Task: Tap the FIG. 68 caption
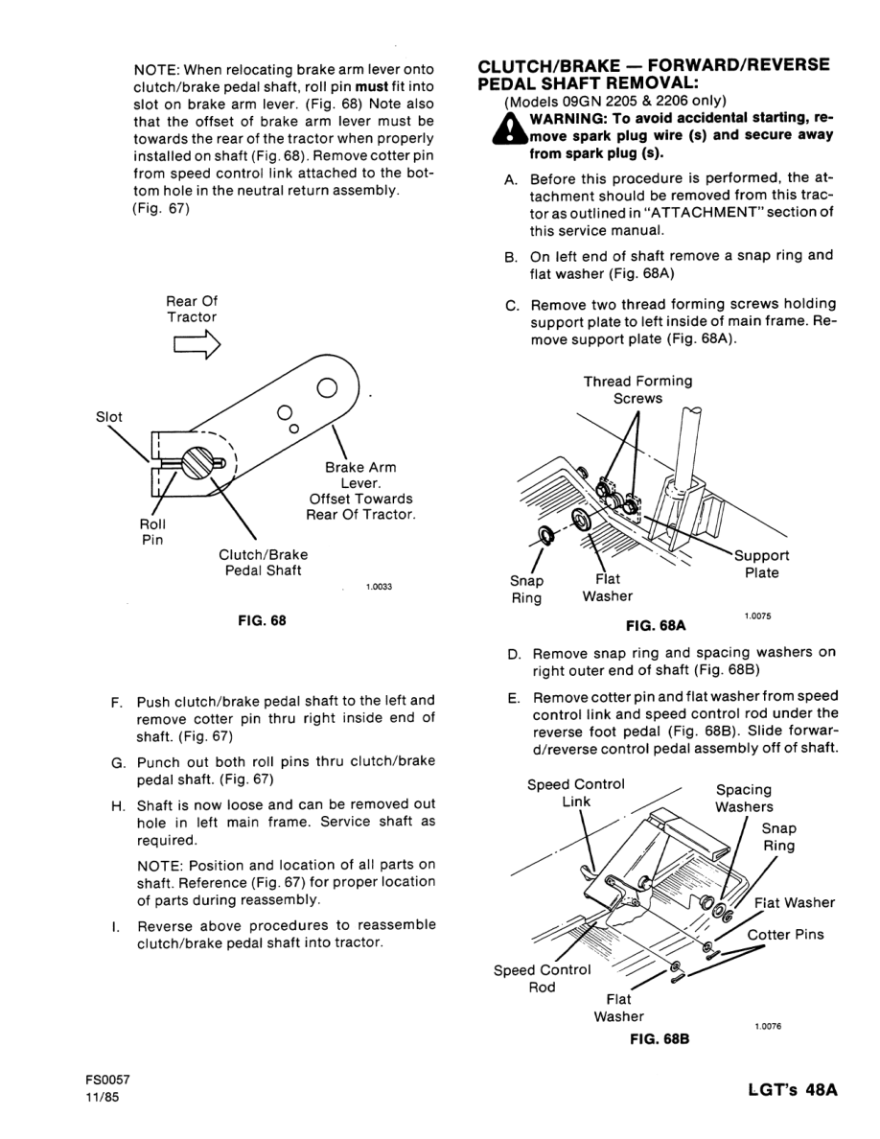(x=262, y=619)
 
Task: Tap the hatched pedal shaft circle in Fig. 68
(x=204, y=463)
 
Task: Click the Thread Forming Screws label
(x=637, y=389)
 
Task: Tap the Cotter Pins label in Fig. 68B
(x=785, y=934)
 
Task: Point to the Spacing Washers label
(x=744, y=798)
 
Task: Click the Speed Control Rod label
(x=543, y=978)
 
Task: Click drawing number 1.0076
(x=768, y=1026)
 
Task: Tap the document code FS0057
(x=106, y=1080)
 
